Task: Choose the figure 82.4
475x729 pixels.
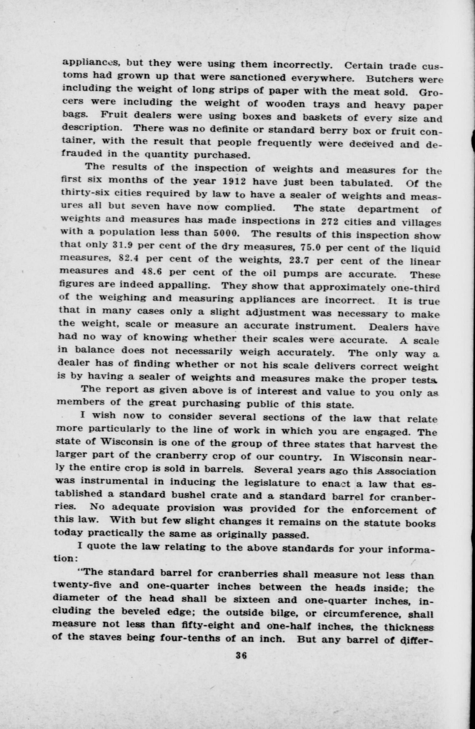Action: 128,258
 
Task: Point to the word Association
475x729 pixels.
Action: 406,471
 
